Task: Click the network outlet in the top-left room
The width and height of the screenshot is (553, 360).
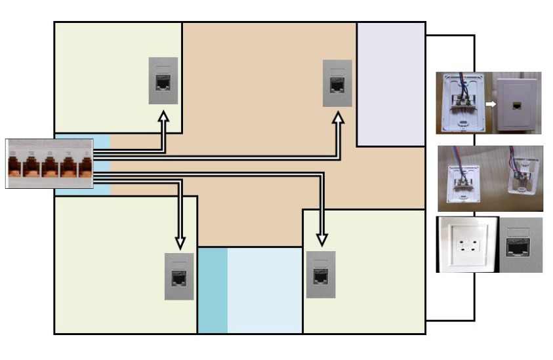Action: click(163, 81)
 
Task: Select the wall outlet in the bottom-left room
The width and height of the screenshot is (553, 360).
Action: click(179, 276)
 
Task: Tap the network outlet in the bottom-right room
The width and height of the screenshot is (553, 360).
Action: click(321, 274)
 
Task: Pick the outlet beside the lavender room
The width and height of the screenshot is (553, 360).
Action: click(337, 83)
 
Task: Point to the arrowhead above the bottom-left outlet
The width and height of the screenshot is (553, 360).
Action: click(180, 241)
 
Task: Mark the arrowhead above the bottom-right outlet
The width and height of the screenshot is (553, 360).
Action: click(321, 237)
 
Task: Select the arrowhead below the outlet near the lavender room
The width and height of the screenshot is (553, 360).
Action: click(338, 119)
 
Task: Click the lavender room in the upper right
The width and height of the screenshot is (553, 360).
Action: click(391, 84)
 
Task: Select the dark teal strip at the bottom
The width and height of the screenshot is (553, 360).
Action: click(212, 290)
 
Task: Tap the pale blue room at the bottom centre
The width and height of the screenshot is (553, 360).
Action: click(264, 290)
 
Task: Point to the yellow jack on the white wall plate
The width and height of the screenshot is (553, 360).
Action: click(517, 104)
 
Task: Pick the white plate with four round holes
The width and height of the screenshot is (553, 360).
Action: click(468, 245)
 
